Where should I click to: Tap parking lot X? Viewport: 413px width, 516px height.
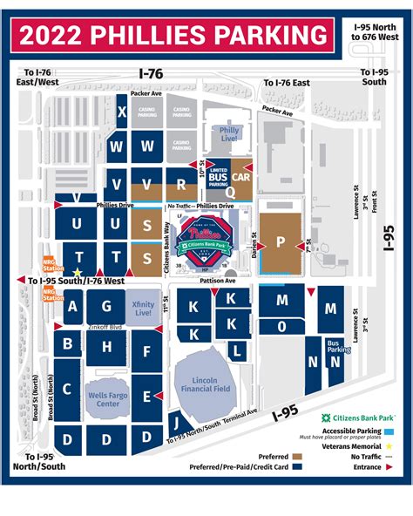click(122, 112)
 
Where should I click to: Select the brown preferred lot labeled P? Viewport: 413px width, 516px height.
click(281, 242)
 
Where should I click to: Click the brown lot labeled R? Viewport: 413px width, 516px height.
click(181, 184)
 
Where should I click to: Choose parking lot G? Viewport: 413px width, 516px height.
click(106, 306)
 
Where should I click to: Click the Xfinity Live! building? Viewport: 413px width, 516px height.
click(145, 307)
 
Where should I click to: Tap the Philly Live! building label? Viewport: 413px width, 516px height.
click(229, 135)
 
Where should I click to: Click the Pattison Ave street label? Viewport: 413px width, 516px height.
click(219, 282)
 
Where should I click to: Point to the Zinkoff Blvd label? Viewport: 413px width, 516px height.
click(105, 327)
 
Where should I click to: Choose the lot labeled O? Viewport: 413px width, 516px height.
click(281, 327)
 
